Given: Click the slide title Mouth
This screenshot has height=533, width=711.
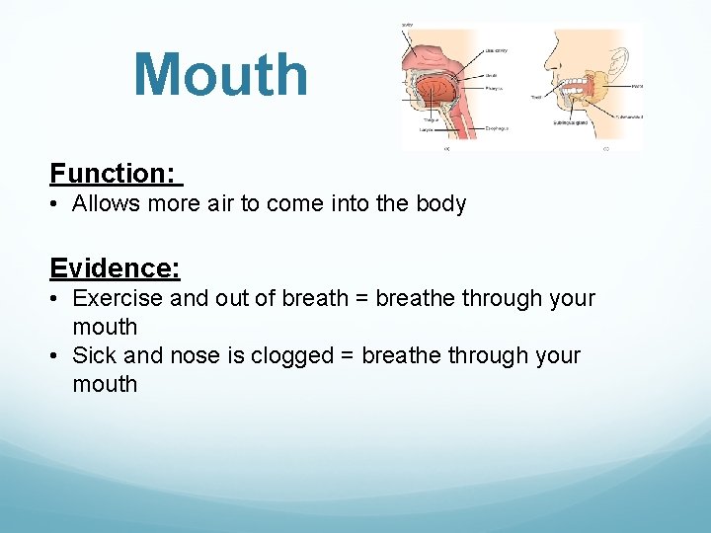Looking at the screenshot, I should click(x=220, y=75).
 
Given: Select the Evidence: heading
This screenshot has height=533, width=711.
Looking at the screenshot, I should click(x=115, y=268).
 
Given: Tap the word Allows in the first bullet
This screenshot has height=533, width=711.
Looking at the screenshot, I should click(x=107, y=204).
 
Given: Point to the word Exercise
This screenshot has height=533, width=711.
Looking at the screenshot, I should click(x=118, y=298).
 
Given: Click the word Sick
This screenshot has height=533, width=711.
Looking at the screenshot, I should click(x=95, y=355).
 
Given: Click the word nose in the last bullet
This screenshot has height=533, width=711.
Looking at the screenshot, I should click(x=197, y=355).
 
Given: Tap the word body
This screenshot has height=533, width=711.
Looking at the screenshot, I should click(x=440, y=204).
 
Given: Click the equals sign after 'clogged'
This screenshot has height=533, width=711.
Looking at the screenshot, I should click(x=348, y=355).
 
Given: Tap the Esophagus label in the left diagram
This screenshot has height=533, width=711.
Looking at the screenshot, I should click(x=497, y=127).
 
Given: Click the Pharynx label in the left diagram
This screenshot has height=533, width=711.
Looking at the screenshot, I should click(x=495, y=88).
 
